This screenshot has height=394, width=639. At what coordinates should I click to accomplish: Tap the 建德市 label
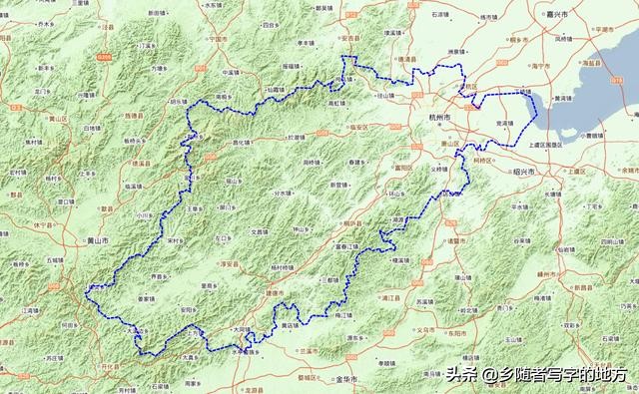[x=276, y=292]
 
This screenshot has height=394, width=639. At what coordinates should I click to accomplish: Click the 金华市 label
[x=345, y=380]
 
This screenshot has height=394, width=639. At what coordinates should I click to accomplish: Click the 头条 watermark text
[x=458, y=375]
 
